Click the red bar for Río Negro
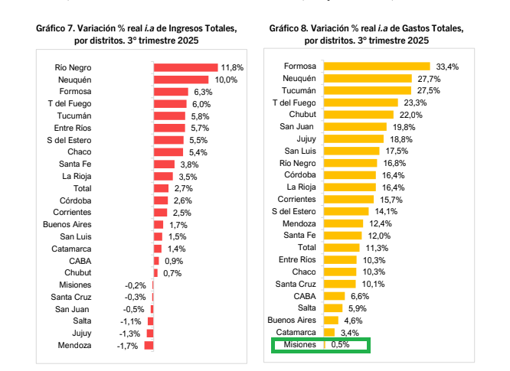coord(186,67)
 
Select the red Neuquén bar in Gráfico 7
coord(181,80)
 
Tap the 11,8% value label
coord(232,67)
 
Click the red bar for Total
coord(161,187)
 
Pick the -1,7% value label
coord(126,346)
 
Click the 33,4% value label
coord(447,67)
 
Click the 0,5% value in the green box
coord(341,345)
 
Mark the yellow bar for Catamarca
coord(329,333)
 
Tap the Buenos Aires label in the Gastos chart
coord(291,321)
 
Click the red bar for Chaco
coord(168,152)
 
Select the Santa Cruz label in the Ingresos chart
coord(71,297)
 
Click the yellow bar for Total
coord(342,248)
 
